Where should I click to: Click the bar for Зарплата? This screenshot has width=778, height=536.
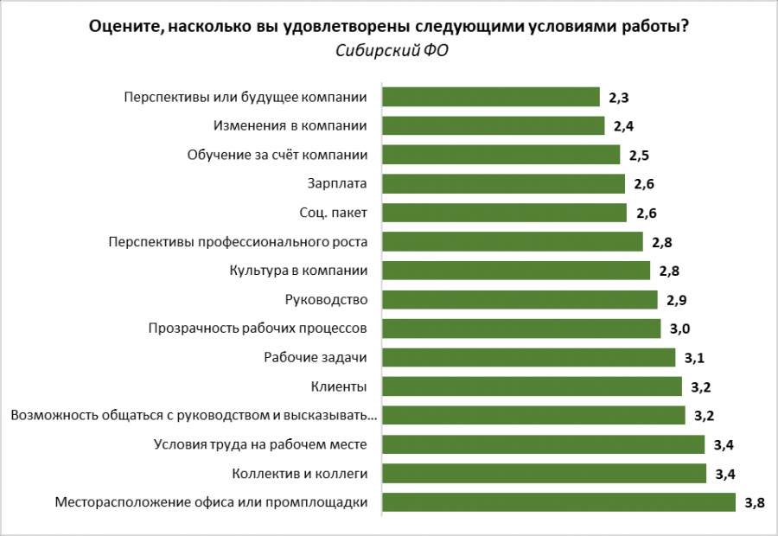point(503,183)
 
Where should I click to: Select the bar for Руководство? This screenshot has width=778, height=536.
point(520,300)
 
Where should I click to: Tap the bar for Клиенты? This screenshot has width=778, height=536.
point(532,386)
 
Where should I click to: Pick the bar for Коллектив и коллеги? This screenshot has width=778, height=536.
point(544,474)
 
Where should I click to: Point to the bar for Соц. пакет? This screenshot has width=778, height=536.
point(504,213)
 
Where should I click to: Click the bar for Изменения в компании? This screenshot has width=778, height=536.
point(493,125)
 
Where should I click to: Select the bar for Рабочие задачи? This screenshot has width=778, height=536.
point(528,358)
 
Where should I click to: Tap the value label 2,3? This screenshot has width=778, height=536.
point(619,97)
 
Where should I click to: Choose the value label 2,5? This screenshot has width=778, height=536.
point(640,155)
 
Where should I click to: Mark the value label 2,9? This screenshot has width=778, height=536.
point(677,300)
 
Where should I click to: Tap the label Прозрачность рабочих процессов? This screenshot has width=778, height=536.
point(258,329)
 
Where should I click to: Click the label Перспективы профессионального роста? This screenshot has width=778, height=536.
point(239,241)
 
